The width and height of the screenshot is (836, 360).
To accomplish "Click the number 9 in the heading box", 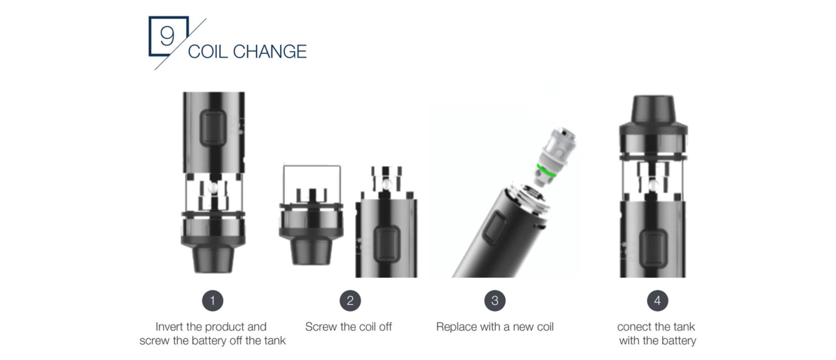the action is [167, 36].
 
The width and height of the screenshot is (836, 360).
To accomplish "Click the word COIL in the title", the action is [207, 52].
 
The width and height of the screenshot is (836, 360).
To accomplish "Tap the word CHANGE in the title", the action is [270, 52].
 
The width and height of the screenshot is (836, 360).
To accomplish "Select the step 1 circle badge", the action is [213, 300].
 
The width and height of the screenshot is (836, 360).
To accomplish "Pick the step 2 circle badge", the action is [350, 300].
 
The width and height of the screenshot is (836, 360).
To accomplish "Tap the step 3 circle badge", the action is [495, 300].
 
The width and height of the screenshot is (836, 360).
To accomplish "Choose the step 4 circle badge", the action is [658, 300].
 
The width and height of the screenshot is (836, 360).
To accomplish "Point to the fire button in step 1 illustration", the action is [213, 128].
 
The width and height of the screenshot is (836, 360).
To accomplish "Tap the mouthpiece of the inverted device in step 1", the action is [213, 260].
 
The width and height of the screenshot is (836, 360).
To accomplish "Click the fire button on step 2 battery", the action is [387, 244].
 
